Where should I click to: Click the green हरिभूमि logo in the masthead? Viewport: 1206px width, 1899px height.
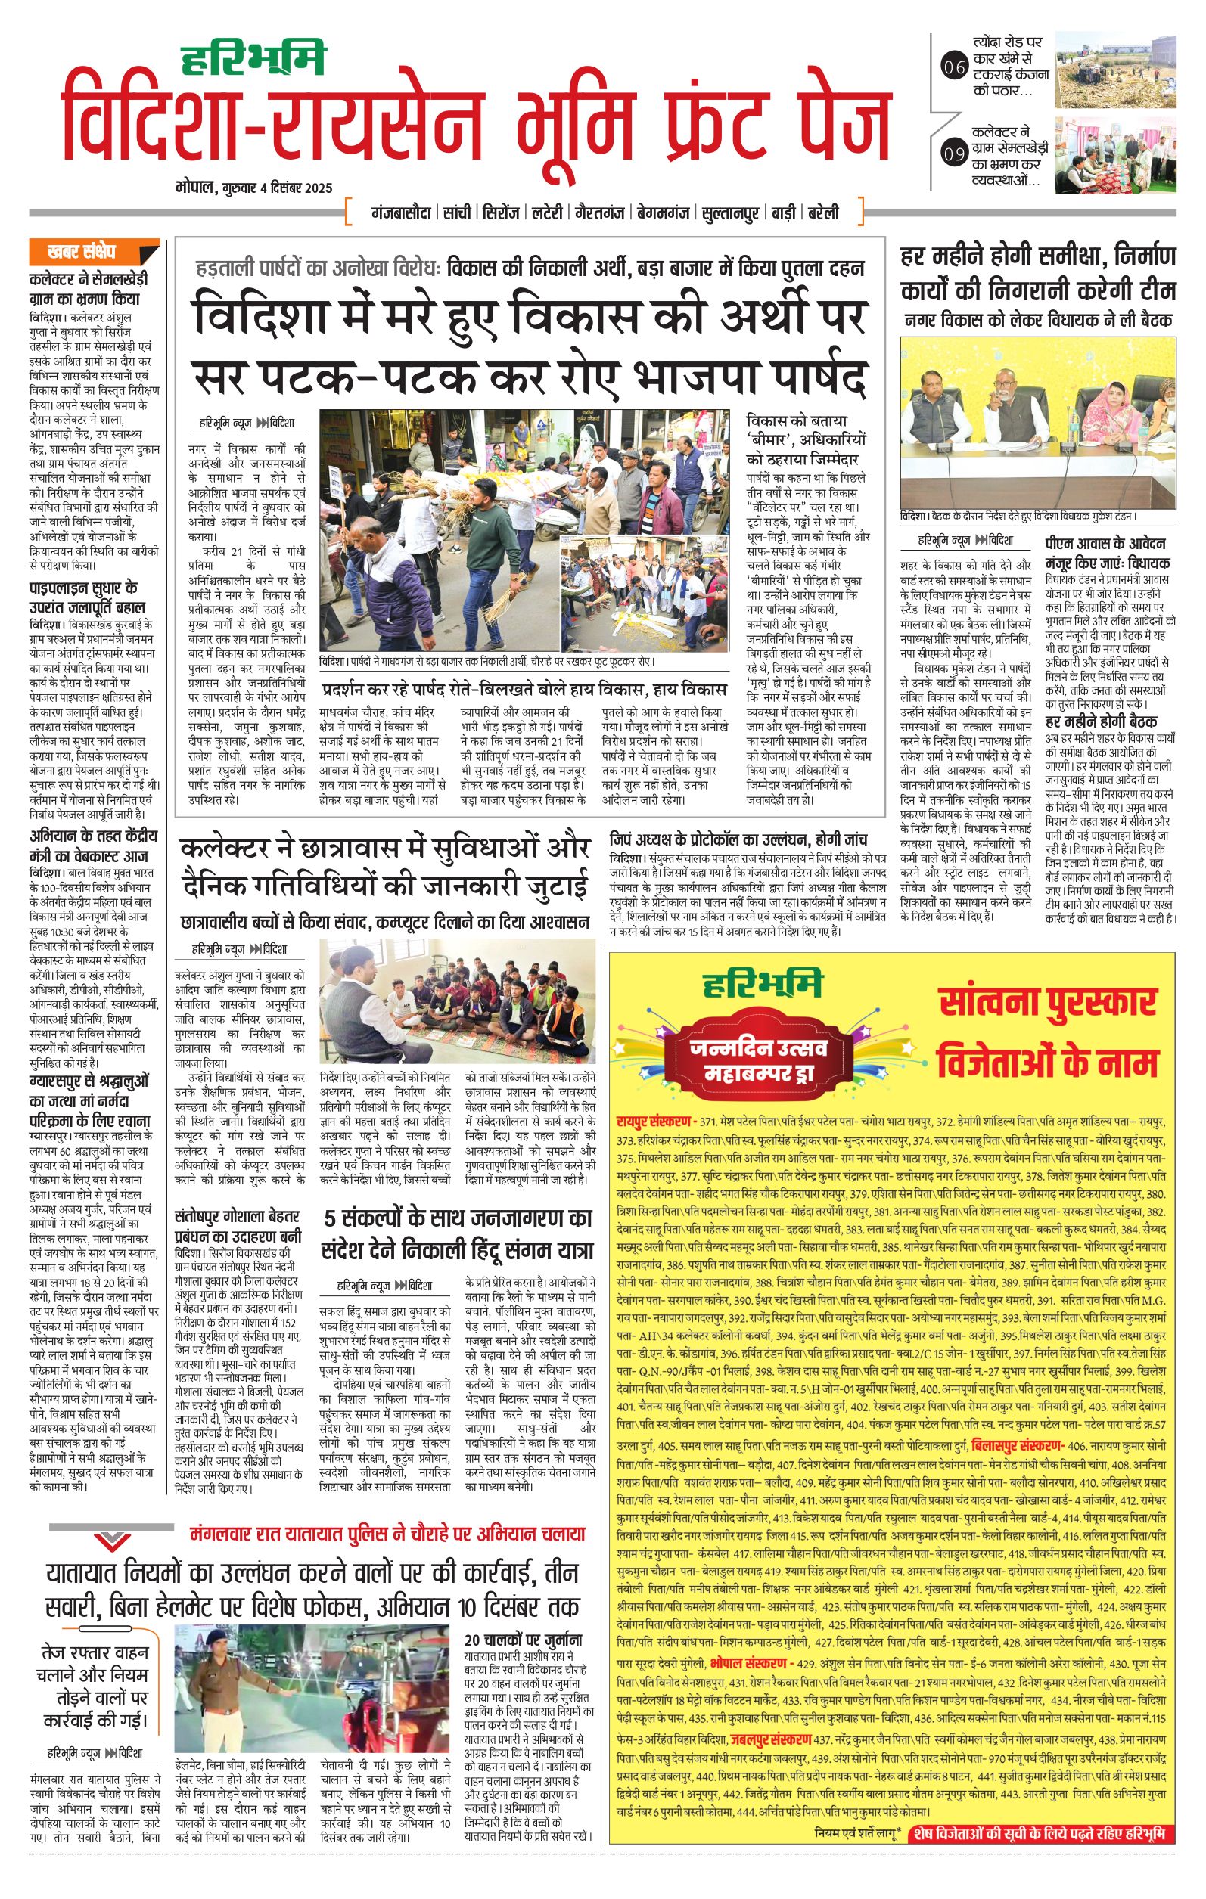[253, 61]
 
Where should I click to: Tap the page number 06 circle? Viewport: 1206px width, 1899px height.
[954, 67]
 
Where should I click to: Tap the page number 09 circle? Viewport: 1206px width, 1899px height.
[954, 153]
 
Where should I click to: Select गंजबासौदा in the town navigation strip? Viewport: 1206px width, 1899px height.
[402, 213]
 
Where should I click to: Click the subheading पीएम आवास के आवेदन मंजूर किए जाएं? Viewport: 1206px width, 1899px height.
[1108, 553]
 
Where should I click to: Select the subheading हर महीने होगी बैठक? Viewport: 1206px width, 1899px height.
[1100, 721]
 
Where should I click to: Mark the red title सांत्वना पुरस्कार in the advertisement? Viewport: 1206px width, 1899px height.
[1047, 1001]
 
